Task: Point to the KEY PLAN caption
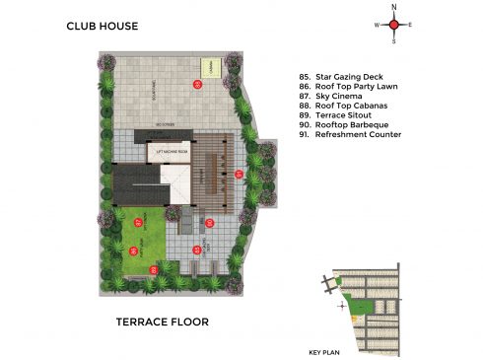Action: (322, 351)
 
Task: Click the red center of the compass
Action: (394, 25)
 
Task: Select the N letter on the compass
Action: (394, 7)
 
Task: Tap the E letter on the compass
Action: (411, 25)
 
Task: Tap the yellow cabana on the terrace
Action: (209, 66)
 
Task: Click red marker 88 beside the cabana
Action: (197, 86)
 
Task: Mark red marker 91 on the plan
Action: (238, 175)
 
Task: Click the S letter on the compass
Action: (394, 42)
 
